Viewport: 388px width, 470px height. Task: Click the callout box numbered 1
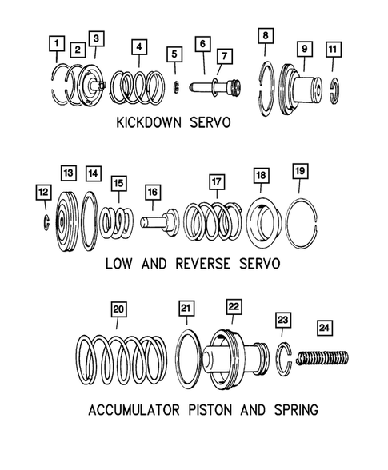pyautogui.click(x=57, y=44)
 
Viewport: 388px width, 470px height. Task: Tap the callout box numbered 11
pyautogui.click(x=333, y=49)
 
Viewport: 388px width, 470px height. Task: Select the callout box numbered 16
pyautogui.click(x=153, y=192)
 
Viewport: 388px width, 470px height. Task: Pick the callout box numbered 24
pyautogui.click(x=325, y=328)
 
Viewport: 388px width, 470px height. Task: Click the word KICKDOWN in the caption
pyautogui.click(x=149, y=122)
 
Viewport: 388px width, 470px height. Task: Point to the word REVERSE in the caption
pyautogui.click(x=203, y=264)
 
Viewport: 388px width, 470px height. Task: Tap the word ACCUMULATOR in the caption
pyautogui.click(x=134, y=410)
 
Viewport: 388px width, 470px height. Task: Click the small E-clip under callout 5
pyautogui.click(x=177, y=86)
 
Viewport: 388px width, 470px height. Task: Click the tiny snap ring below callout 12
pyautogui.click(x=46, y=223)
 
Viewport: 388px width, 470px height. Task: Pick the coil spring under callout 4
pyautogui.click(x=138, y=88)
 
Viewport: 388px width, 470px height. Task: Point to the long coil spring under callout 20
pyautogui.click(x=122, y=360)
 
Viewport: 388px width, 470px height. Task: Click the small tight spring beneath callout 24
pyautogui.click(x=322, y=358)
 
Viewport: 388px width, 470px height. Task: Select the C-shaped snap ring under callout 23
pyautogui.click(x=283, y=359)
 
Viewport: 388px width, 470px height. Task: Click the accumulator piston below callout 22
pyautogui.click(x=237, y=358)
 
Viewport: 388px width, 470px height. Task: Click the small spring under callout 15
pyautogui.click(x=117, y=222)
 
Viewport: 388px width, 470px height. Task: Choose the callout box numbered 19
pyautogui.click(x=300, y=171)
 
